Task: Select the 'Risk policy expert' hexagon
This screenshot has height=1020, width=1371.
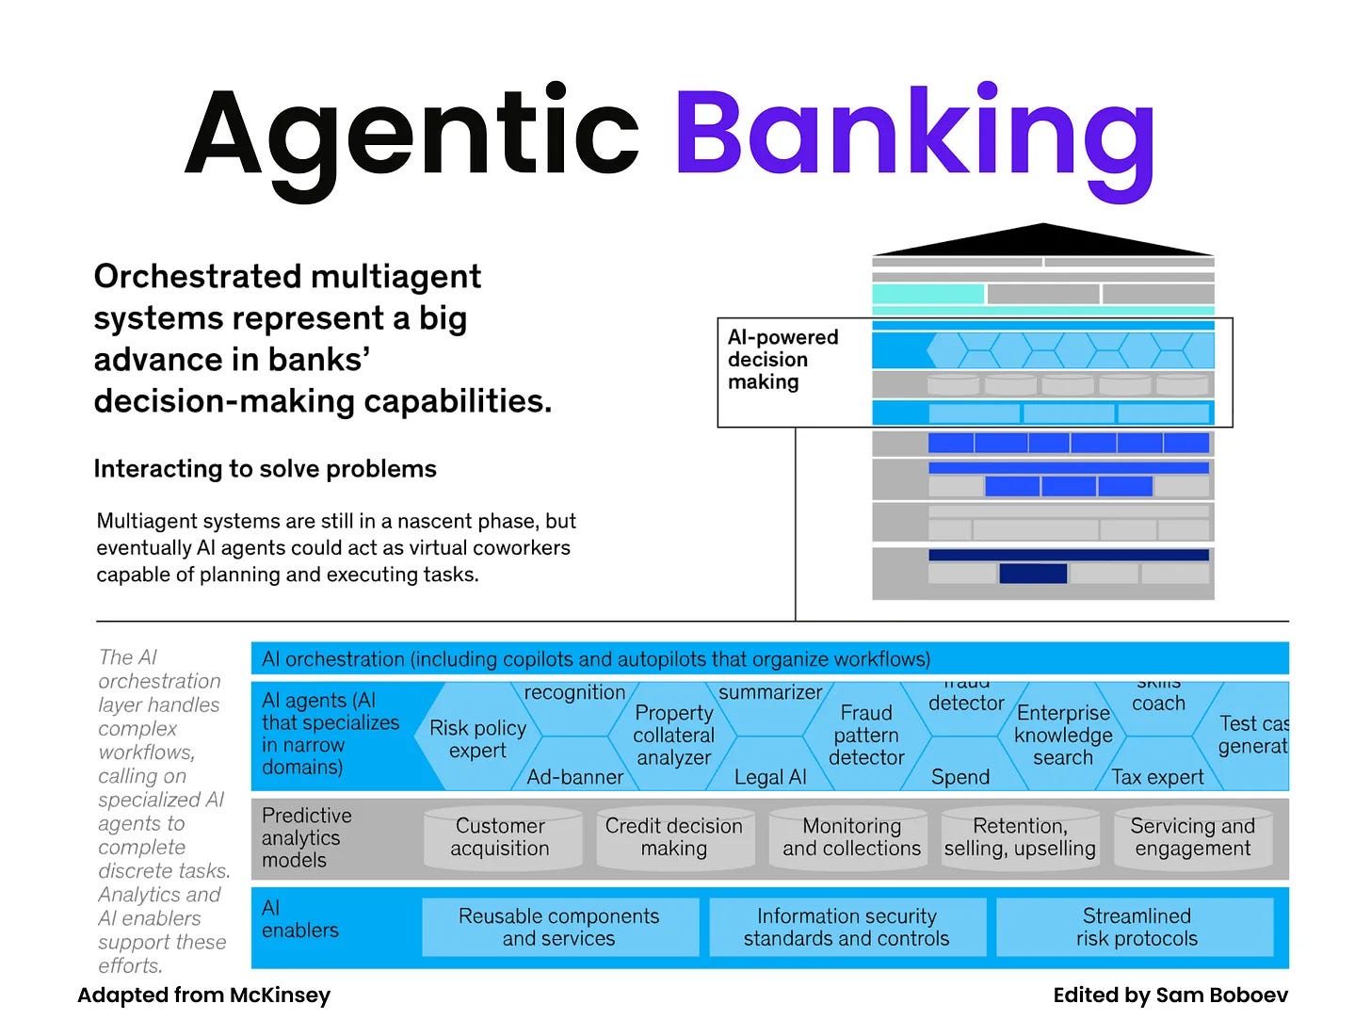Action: (477, 739)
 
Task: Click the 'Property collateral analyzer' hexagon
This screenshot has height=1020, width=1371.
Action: (673, 736)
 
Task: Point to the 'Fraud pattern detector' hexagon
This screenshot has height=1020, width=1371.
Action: (866, 736)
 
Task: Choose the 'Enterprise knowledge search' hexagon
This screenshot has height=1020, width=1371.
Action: (1063, 736)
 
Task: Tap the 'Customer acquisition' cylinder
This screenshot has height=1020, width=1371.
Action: (499, 837)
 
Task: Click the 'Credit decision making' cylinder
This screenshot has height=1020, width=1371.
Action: (673, 837)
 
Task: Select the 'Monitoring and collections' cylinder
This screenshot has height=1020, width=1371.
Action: (851, 837)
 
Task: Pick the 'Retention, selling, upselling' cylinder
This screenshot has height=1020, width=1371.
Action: (1020, 837)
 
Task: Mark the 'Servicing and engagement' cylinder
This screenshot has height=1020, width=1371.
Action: (1192, 837)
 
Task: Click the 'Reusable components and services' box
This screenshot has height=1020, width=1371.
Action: (559, 928)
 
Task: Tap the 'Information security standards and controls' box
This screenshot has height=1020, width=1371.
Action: (847, 928)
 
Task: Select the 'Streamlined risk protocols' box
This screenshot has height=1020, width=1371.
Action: (1137, 928)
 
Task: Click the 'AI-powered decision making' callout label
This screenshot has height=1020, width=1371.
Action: (782, 360)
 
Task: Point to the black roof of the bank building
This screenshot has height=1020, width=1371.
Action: (1042, 241)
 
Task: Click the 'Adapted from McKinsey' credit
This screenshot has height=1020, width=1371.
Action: (203, 996)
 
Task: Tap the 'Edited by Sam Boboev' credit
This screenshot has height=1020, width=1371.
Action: (1169, 996)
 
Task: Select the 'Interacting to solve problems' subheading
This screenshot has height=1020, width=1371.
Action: (265, 469)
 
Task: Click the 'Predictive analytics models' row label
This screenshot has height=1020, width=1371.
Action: (306, 837)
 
